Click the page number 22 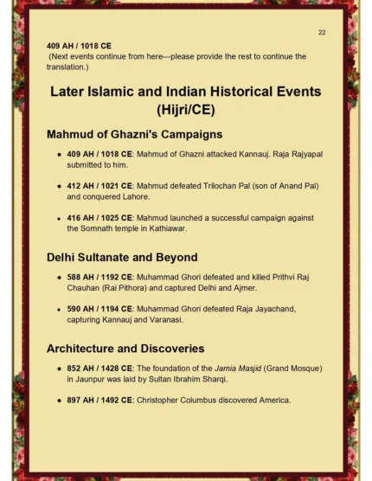coord(322,32)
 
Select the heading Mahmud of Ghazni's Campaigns coord(134,134)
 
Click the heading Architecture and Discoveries coord(125,348)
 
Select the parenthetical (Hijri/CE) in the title coord(186,110)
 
